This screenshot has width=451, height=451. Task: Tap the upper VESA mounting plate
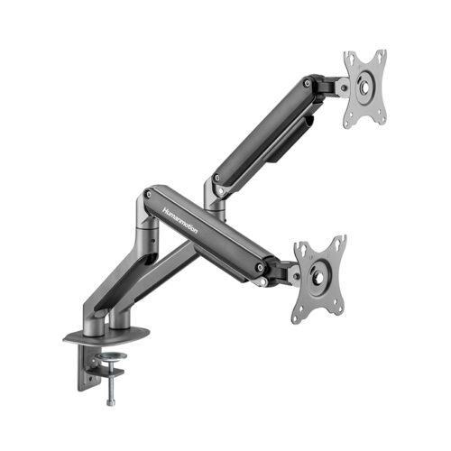tap(365, 87)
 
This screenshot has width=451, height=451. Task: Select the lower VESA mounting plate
tap(318, 278)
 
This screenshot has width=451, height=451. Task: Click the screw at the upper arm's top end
tap(308, 85)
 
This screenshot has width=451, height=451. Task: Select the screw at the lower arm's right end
tap(261, 266)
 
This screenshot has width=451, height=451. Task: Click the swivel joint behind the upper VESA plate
tap(341, 87)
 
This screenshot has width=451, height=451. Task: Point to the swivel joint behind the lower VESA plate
tap(292, 271)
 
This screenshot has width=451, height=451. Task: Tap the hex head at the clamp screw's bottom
tap(112, 398)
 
